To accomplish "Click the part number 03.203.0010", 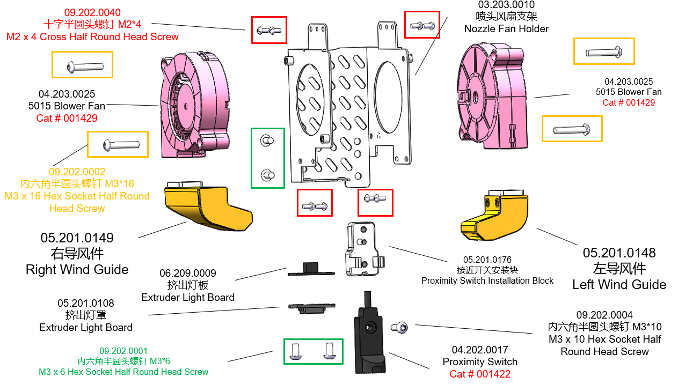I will (506, 5).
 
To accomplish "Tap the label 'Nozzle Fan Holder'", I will (506, 29).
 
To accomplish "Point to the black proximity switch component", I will (369, 338).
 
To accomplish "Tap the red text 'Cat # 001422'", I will (480, 374).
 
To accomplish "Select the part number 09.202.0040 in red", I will (92, 12).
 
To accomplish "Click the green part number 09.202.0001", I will (123, 351).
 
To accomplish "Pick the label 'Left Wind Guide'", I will (619, 285).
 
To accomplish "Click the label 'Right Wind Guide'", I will (77, 269).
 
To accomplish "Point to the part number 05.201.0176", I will (487, 260).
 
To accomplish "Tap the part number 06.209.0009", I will (188, 274).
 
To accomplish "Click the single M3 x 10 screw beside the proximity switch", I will (399, 327).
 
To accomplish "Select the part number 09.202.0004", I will (604, 315).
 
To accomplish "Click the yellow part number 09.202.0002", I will (77, 172).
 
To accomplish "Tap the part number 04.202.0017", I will (480, 350).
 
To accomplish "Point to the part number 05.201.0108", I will (86, 304).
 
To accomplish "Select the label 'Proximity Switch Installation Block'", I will (487, 281).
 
